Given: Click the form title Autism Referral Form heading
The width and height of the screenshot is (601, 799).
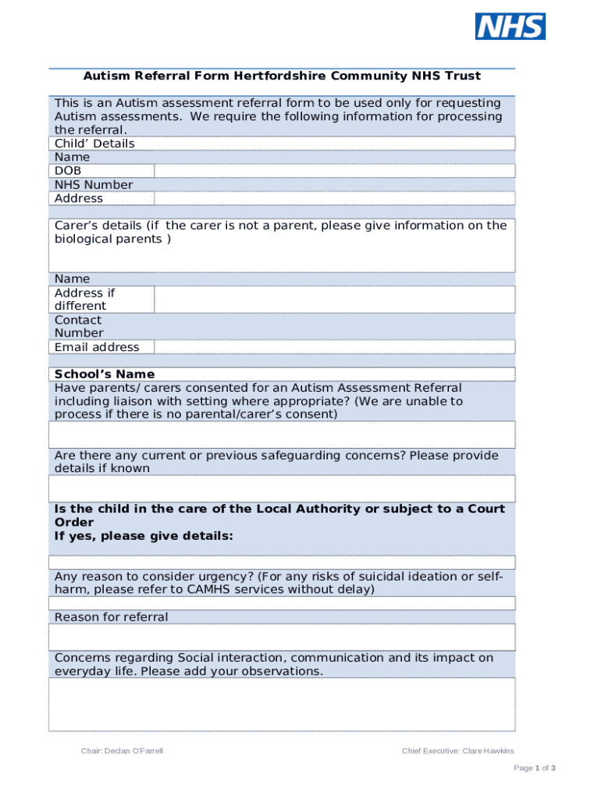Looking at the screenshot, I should coord(282,76).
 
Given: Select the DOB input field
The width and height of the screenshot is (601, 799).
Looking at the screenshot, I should coord(334,171).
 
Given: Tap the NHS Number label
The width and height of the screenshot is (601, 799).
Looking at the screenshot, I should coord(94,185).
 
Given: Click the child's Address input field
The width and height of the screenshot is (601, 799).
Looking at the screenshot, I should coord(334,198).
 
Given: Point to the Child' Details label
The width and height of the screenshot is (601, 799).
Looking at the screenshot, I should coord(94,144).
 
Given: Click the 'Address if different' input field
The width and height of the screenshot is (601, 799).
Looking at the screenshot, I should coord(334,300).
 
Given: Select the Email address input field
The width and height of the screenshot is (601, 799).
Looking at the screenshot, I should coord(334,347).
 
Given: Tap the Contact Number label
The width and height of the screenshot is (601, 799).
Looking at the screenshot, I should coord(78,327).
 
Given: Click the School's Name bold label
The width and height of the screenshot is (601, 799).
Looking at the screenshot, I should coord(105,375).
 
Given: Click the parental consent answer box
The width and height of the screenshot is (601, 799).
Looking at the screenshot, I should coord(282,435).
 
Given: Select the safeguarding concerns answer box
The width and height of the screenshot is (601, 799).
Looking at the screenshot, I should coord(282,488).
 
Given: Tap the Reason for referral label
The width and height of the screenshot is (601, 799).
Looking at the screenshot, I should coord(111,617).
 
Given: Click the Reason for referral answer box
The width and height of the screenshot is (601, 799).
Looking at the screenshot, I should coord(282,637).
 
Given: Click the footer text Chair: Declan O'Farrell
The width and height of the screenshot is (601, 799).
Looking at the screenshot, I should coord(122,751).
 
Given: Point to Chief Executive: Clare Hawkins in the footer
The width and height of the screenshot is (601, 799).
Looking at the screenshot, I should coord(457,751).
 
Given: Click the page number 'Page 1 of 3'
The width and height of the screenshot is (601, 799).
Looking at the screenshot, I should coord(534,769).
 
